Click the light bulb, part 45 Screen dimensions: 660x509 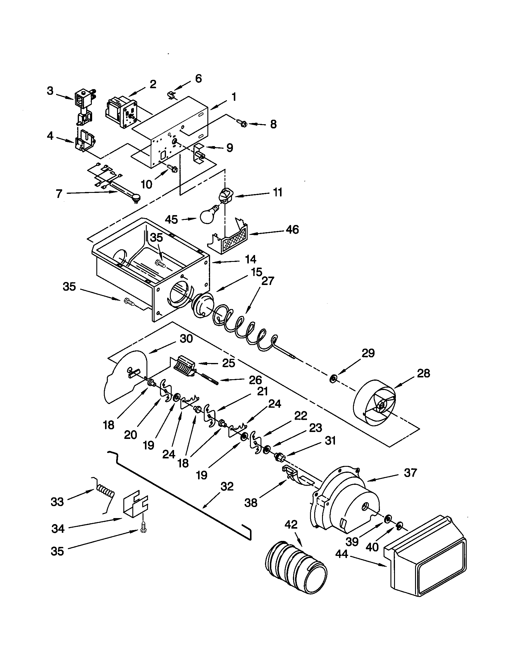pos(208,216)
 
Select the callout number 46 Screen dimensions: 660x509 pos(291,229)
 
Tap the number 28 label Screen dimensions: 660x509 pos(423,373)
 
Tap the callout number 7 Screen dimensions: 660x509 pos(59,194)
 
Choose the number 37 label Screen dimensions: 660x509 pos(410,472)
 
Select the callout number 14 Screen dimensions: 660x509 pos(251,259)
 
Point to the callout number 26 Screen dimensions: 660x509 pos(255,380)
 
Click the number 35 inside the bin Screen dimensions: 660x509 pos(157,238)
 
